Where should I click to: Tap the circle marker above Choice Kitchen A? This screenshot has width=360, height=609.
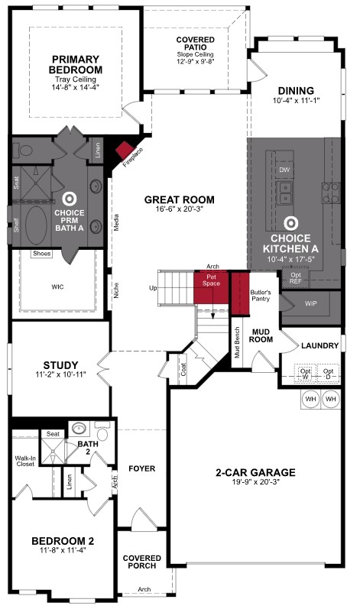(x=290, y=224)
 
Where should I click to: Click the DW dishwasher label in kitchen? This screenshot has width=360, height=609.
(x=284, y=170)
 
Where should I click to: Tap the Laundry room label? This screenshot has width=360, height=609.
(x=319, y=346)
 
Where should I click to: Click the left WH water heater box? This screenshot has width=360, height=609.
(x=310, y=399)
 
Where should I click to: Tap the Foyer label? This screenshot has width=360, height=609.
(x=141, y=467)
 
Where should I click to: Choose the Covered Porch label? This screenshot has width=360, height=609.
(x=141, y=562)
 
